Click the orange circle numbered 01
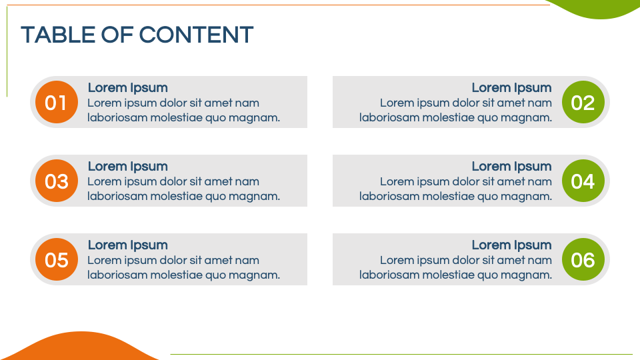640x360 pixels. (56, 102)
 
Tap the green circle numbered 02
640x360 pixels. (583, 102)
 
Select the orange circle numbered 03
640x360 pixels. (56, 181)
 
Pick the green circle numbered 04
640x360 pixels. (583, 181)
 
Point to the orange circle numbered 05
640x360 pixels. (56, 259)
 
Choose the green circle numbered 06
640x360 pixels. (583, 259)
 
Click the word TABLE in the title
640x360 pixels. (59, 35)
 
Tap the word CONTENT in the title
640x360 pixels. (196, 35)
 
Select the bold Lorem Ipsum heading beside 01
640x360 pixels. (128, 88)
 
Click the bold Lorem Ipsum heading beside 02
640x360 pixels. (511, 88)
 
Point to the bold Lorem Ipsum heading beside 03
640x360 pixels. (128, 167)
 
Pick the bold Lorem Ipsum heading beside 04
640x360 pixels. (511, 167)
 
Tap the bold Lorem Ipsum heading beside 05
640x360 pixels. (128, 245)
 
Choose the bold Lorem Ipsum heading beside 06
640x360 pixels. (511, 245)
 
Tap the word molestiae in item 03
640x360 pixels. (176, 196)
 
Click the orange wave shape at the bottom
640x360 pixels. (81, 348)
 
